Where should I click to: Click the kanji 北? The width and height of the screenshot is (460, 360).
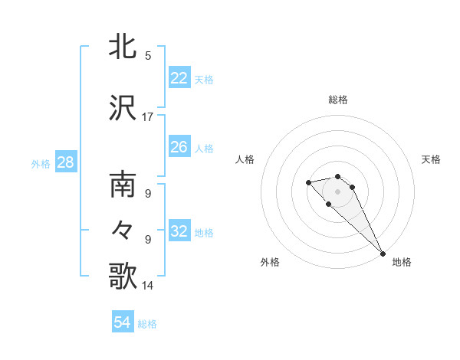click(x=123, y=47)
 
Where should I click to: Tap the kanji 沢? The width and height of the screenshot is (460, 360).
click(x=123, y=108)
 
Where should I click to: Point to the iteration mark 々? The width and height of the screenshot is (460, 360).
click(x=123, y=231)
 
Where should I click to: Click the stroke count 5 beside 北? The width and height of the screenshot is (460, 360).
click(x=148, y=56)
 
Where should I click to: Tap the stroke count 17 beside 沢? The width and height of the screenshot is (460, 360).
click(x=148, y=117)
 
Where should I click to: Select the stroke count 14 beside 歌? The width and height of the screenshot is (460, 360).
click(x=148, y=286)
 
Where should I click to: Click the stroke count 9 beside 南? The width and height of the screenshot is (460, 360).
click(x=148, y=194)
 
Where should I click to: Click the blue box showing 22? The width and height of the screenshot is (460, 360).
click(x=179, y=78)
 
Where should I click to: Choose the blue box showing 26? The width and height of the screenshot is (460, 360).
click(x=179, y=147)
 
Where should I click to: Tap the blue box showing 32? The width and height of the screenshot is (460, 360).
click(x=179, y=231)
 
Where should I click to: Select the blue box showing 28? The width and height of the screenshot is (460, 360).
click(x=65, y=162)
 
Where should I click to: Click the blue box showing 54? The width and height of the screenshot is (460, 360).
click(x=123, y=323)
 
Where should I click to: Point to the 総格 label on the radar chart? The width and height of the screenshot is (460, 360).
click(x=338, y=100)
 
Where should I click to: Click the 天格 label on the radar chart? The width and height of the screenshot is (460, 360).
click(x=432, y=159)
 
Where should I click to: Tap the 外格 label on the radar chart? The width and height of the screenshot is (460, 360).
click(x=270, y=262)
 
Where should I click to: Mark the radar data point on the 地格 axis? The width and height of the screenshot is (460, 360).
click(x=383, y=254)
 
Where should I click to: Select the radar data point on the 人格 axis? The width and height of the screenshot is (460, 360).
click(x=308, y=182)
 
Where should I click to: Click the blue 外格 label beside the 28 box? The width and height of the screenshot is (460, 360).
click(x=41, y=163)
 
